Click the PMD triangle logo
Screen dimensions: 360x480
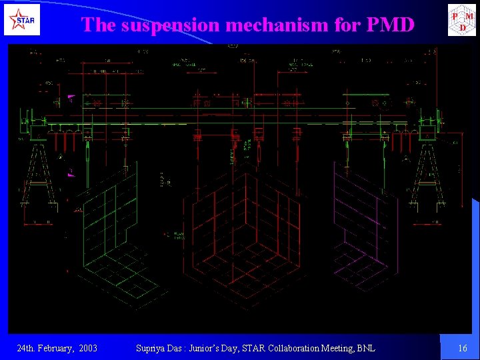pos(462,20)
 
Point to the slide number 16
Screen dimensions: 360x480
pos(463,348)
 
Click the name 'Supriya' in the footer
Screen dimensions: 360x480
pos(151,348)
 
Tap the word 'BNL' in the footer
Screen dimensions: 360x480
pos(365,348)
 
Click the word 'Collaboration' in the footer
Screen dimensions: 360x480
pos(282,348)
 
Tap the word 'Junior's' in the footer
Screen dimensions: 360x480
pos(207,348)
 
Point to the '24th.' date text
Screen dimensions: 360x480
pos(27,348)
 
